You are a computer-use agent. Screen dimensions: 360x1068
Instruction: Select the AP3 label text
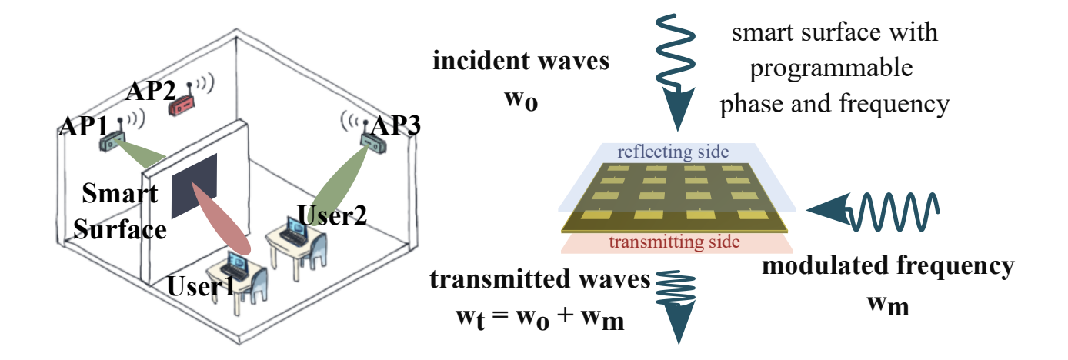pos(395,126)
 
